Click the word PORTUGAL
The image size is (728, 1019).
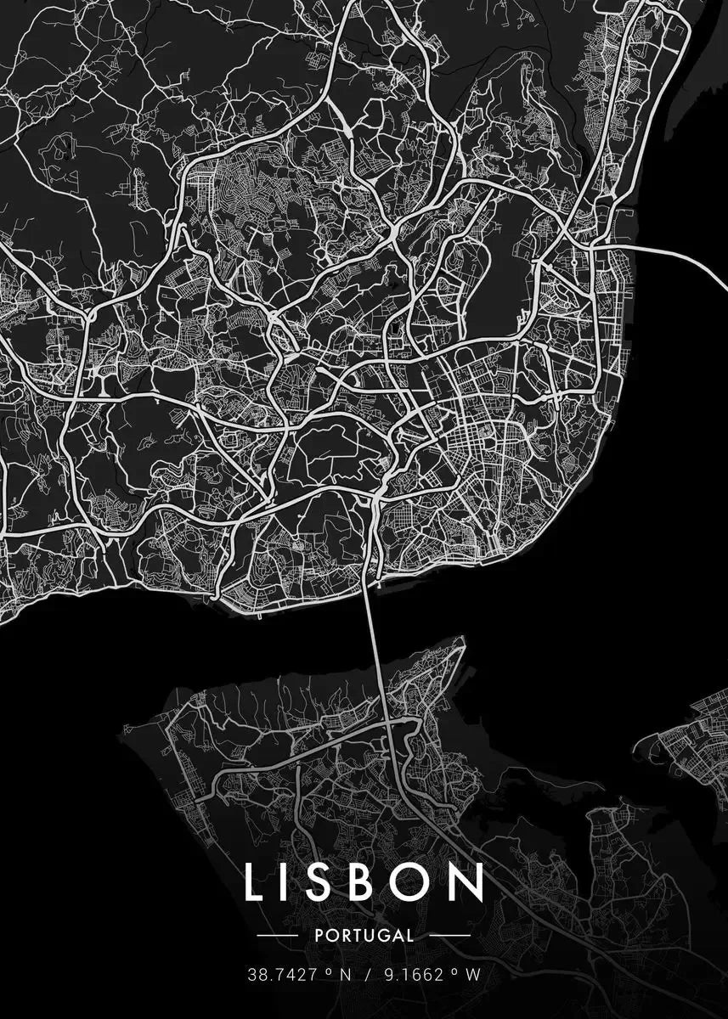coord(364,936)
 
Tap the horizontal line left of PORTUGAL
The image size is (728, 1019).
coord(277,936)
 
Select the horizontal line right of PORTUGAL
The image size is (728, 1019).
coord(449,936)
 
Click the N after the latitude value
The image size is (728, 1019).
coord(345,976)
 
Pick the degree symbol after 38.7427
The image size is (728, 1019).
coord(325,972)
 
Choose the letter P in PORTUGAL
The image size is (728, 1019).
coord(318,936)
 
